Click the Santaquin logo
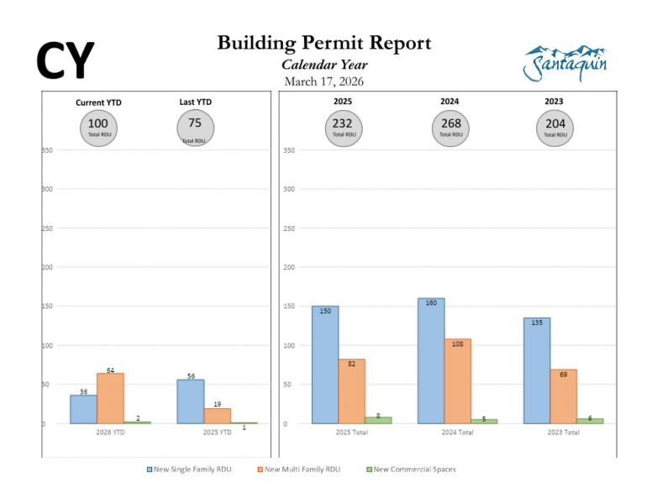pos(565,63)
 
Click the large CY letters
pos(65,60)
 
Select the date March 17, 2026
pos(323,81)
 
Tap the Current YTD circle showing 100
pos(98,128)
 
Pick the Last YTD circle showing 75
pos(195,128)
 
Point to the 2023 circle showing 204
pos(555,128)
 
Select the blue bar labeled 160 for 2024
pos(431,361)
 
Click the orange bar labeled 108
pos(458,381)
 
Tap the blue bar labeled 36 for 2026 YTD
pos(83,409)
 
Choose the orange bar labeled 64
pos(110,398)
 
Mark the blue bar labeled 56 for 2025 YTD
pos(191,402)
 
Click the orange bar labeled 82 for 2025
pos(352,391)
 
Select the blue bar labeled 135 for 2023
pos(537,370)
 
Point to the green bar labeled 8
pos(378,420)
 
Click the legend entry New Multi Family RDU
pos(300,470)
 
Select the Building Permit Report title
pos(323,44)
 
